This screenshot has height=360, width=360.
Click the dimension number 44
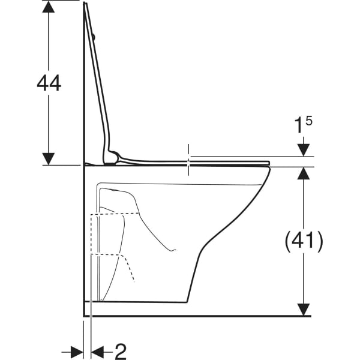tap(49, 83)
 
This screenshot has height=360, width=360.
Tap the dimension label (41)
tap(304, 241)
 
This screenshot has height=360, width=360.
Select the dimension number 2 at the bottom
tap(121, 352)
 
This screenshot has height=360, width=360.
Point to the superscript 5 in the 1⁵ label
tap(309, 121)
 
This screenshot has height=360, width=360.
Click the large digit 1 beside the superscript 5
tap(299, 125)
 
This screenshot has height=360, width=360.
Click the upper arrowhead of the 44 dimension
tap(49, 7)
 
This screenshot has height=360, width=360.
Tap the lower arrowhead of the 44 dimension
tap(49, 158)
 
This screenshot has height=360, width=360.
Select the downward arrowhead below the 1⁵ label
tap(304, 150)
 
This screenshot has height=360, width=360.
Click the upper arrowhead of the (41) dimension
tap(304, 173)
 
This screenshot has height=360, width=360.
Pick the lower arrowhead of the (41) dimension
tap(304, 310)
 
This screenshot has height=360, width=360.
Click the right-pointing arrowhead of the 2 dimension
tap(77, 352)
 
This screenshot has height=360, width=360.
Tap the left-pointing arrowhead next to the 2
tap(97, 352)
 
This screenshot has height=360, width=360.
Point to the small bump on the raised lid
tap(94, 36)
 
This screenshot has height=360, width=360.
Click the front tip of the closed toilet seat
tap(269, 163)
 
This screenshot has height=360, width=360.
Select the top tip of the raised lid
tap(85, 3)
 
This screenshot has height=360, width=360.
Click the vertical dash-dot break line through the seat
tap(188, 160)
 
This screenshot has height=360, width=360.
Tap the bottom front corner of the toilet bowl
tap(187, 302)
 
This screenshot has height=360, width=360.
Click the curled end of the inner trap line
tap(175, 250)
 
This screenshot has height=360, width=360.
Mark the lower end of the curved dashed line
tap(134, 281)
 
